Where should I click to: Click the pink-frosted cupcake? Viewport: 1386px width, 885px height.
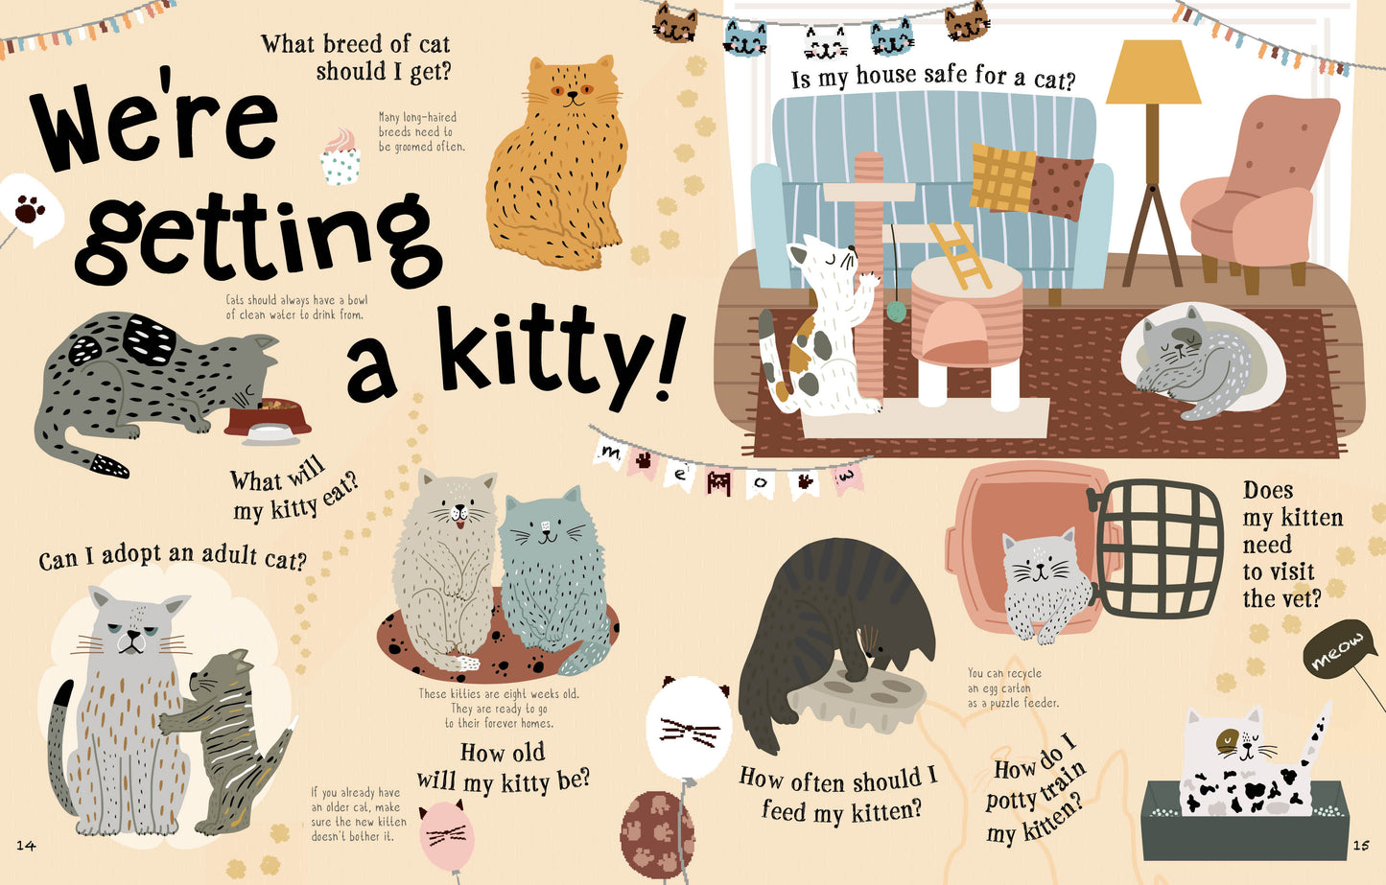tap(340, 157)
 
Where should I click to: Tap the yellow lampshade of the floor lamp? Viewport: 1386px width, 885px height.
tap(1153, 72)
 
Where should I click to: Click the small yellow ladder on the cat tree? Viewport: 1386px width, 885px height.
tap(961, 255)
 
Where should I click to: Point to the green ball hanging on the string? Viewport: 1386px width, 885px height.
tap(896, 311)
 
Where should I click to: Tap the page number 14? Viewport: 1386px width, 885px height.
tap(26, 846)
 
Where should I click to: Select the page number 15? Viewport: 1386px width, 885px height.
tap(1361, 846)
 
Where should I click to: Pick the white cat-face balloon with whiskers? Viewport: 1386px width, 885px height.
tap(689, 727)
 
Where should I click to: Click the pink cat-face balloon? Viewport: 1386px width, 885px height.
tap(447, 835)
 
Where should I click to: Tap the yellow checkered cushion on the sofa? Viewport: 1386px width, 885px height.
tap(1002, 176)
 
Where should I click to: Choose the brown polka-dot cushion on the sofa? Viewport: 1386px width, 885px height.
tap(1059, 188)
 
